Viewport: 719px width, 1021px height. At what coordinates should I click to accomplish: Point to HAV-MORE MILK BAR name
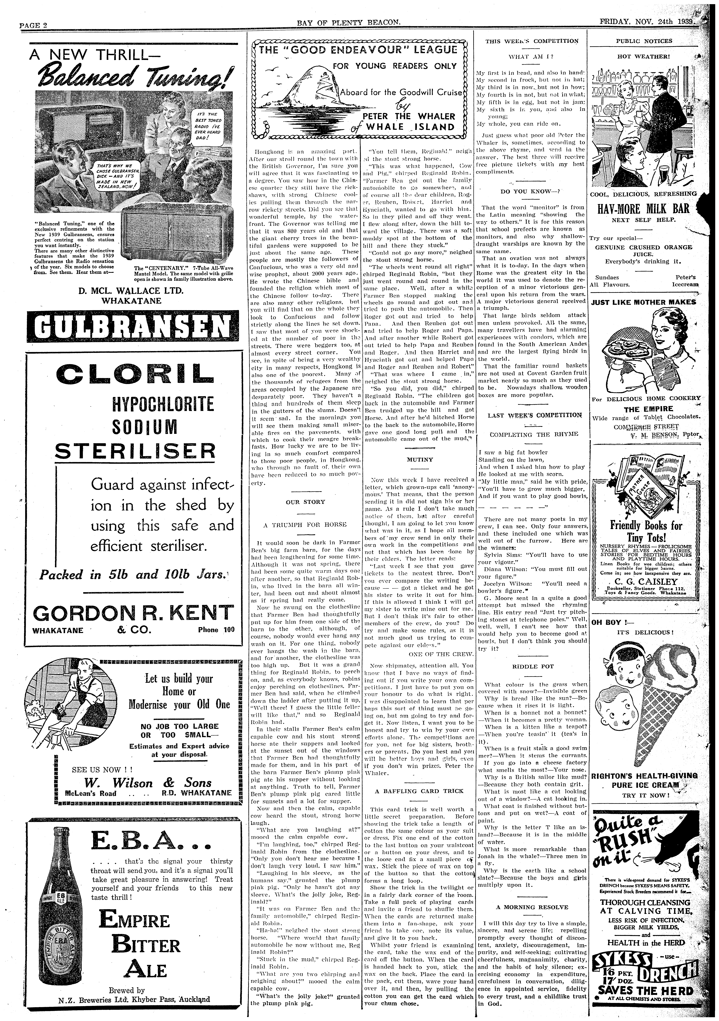[643, 209]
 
